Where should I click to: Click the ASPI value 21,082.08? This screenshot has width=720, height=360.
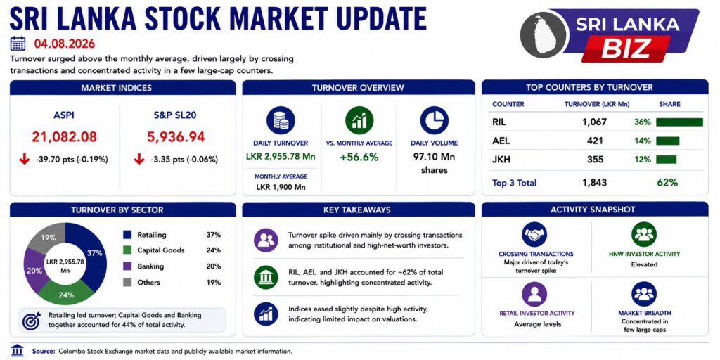click(64, 137)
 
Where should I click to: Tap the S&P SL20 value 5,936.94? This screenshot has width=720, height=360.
click(176, 137)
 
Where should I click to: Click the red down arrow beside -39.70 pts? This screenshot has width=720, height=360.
click(25, 160)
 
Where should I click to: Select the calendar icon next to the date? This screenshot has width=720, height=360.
click(18, 44)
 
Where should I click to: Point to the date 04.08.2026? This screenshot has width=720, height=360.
click(64, 44)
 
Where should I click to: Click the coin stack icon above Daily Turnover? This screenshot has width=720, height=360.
click(281, 120)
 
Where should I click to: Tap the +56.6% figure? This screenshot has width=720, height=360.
click(359, 157)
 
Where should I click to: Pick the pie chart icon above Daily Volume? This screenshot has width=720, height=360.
click(434, 120)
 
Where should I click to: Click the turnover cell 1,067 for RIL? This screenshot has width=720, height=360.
click(594, 122)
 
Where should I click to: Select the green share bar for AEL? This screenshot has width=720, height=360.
click(668, 141)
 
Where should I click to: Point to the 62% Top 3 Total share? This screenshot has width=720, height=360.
click(667, 182)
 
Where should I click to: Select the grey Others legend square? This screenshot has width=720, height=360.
click(127, 282)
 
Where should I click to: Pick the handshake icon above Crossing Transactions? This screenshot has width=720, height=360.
click(534, 235)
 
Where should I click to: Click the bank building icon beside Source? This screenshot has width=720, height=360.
click(18, 350)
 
